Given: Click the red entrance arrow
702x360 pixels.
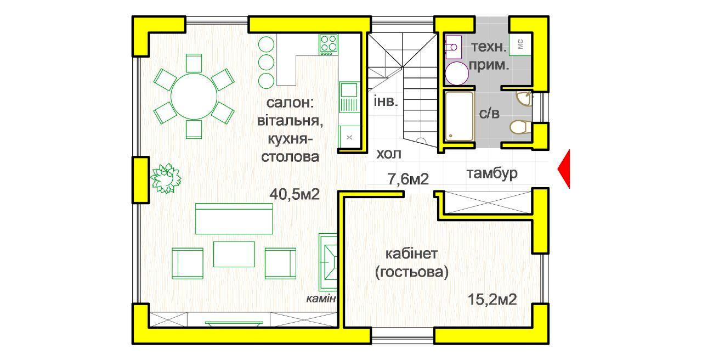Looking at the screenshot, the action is point(564,169).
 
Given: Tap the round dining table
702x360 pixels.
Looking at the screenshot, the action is point(194,96).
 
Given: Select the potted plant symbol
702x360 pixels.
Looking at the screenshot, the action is point(166,178).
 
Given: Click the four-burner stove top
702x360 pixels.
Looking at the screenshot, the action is point(329,44).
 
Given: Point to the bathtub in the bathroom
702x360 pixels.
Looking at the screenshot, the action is point(459,116).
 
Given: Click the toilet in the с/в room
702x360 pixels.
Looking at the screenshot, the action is point(520,127).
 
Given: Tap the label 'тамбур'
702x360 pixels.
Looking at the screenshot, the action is point(492,173).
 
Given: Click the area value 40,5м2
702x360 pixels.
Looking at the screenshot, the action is point(295,194).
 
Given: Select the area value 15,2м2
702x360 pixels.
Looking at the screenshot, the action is point(492,300).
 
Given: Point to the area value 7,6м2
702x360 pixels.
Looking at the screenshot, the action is point(408,179).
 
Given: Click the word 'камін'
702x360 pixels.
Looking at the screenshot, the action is point(321,299).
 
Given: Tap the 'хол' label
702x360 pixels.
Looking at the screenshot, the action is point(389,154).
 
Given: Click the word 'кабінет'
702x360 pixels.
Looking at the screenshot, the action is point(411,254).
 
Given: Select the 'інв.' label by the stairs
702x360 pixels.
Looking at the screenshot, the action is point(386,101).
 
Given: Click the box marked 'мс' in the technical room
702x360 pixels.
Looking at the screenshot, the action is point(520,44).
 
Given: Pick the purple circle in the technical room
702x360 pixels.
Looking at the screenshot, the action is point(457,74).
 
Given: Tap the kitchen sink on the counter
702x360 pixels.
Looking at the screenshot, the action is point(349,97).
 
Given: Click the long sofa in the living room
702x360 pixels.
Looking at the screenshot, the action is point(234,218).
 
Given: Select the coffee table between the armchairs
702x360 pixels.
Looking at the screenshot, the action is point(234,254).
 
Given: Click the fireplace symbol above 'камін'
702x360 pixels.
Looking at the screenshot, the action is point(328,262).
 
